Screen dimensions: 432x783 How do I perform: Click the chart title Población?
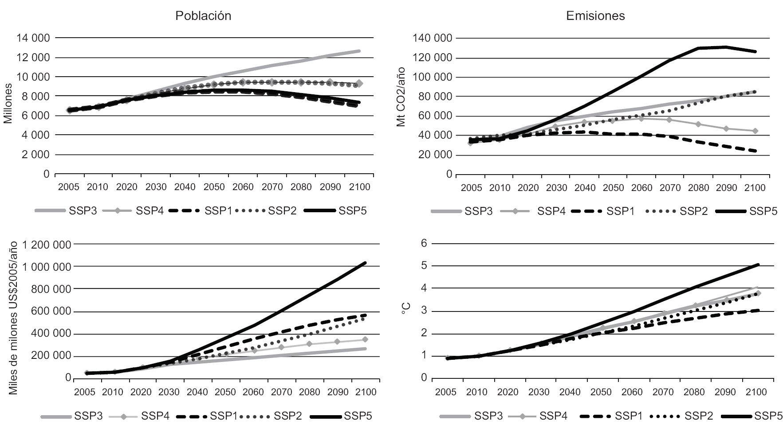coord(203,16)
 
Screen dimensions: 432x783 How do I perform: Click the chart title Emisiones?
coord(595,16)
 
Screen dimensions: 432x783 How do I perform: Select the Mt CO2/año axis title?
coord(401,101)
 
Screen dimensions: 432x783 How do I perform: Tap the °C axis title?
coord(405,309)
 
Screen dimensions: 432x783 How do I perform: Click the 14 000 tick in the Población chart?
coord(33,38)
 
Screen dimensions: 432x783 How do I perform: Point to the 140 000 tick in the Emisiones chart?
coord(429,39)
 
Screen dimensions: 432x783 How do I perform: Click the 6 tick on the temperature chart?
coord(423,243)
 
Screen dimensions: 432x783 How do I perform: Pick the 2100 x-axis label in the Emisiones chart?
coord(755,188)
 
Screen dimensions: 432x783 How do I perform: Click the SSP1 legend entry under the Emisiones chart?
coord(620,211)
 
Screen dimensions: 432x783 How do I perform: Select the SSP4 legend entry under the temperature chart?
coord(553,416)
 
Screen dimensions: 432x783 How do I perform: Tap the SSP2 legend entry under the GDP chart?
coord(287,416)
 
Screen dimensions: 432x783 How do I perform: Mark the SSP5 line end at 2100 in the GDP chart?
coord(366,263)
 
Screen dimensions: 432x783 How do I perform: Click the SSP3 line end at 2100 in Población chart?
coord(359,51)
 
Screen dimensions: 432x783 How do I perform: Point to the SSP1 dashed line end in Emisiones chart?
coord(755,151)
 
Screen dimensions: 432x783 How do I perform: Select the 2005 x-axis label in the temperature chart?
coord(446,392)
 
